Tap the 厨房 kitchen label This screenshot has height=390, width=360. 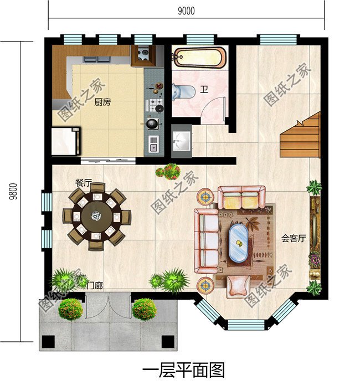point(102,102)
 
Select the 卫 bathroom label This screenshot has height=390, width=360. point(204,89)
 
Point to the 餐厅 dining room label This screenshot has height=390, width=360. point(84,182)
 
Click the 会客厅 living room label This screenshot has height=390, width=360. point(294,239)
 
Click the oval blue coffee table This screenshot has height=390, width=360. point(239,243)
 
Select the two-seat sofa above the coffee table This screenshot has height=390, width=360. point(241,197)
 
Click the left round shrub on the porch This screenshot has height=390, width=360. point(70,309)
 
